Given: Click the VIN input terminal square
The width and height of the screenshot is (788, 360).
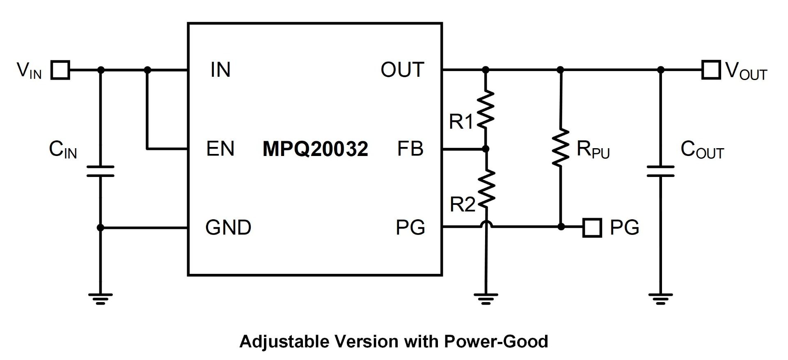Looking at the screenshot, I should (60, 70).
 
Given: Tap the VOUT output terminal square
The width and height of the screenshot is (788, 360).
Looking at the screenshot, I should (711, 70).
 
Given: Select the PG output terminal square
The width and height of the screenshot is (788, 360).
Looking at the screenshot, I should (592, 227).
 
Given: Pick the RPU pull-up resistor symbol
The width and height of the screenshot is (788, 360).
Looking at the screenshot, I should (561, 148).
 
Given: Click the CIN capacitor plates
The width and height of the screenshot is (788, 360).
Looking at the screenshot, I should (101, 171).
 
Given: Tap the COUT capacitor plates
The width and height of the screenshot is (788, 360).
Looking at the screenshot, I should (660, 171).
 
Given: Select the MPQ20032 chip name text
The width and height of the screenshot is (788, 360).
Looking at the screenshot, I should (315, 149).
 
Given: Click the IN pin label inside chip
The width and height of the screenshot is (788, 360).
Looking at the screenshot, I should (220, 70).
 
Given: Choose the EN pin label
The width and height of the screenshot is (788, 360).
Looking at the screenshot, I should (220, 149).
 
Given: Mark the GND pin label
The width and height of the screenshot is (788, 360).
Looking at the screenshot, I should (228, 227).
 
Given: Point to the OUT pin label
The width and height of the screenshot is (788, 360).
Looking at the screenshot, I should (402, 70).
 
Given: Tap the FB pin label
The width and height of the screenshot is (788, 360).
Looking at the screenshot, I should (410, 149).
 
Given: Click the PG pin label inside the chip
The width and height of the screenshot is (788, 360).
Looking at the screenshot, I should (410, 227).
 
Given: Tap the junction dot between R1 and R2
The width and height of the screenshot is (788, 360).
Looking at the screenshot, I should (486, 149).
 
